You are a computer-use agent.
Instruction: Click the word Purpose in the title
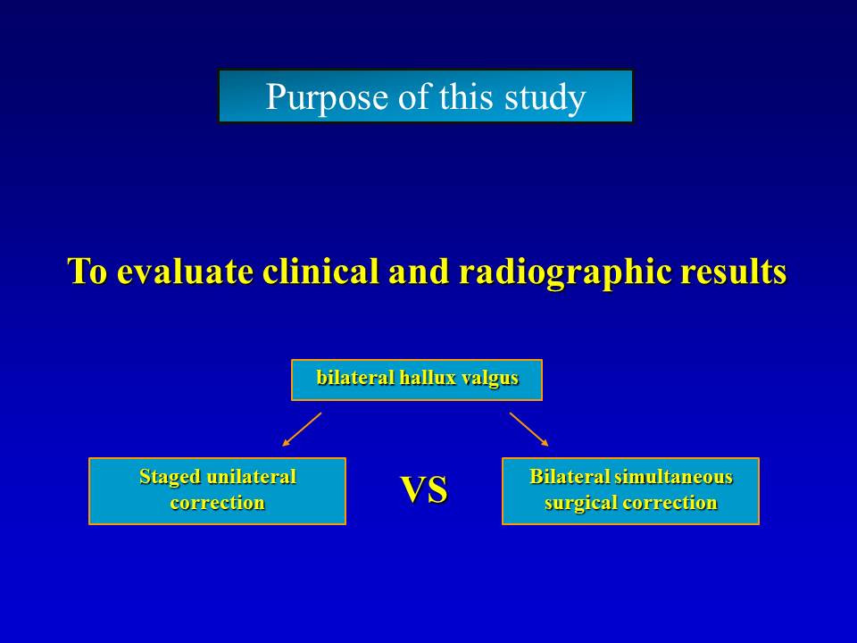[328, 98]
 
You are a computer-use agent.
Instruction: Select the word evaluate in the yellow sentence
[185, 271]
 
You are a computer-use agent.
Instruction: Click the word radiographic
[564, 272]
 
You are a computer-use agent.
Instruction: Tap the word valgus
[490, 379]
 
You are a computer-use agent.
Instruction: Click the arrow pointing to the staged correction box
[302, 430]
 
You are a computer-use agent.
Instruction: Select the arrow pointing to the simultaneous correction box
[529, 430]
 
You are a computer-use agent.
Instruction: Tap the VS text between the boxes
[424, 489]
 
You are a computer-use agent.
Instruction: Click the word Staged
[170, 477]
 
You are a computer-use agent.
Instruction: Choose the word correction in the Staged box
[218, 503]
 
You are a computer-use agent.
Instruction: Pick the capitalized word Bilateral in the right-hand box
[570, 477]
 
